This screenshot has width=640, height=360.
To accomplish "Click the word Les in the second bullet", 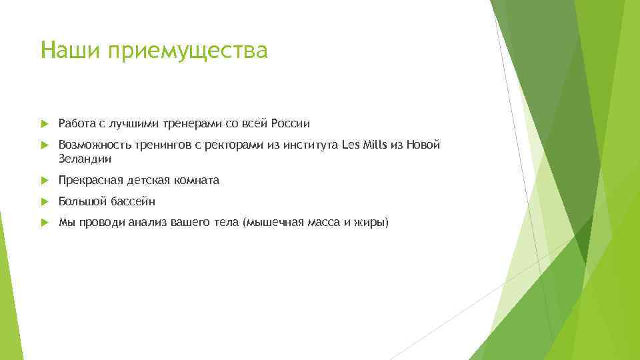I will (349, 145).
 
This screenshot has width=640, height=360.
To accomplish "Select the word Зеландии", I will (85, 159).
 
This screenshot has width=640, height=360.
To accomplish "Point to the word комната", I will (197, 181).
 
